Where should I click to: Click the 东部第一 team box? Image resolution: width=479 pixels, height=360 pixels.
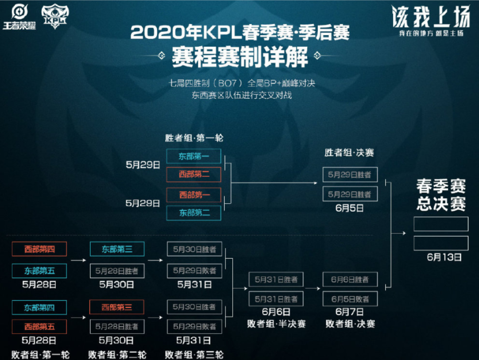pyautogui.click(x=194, y=156)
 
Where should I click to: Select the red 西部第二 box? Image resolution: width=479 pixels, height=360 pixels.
pyautogui.click(x=194, y=174)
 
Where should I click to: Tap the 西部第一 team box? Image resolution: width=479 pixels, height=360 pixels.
pyautogui.click(x=194, y=194)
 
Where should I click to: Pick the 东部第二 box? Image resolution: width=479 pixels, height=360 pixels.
pyautogui.click(x=194, y=213)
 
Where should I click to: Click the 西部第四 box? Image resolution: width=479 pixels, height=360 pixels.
pyautogui.click(x=39, y=249)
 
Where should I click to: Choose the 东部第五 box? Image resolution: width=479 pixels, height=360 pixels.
pyautogui.click(x=39, y=270)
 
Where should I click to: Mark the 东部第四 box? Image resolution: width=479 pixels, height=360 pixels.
pyautogui.click(x=39, y=307)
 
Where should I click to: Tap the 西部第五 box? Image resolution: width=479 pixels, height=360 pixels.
pyautogui.click(x=39, y=326)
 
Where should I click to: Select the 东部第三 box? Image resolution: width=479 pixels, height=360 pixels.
pyautogui.click(x=117, y=249)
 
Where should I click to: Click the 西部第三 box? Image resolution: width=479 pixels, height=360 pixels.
pyautogui.click(x=117, y=307)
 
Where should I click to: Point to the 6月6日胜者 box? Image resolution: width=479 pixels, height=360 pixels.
pyautogui.click(x=350, y=279)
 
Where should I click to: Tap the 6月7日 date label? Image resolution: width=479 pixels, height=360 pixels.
pyautogui.click(x=350, y=312)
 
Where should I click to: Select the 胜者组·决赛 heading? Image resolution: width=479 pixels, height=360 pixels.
pyautogui.click(x=349, y=153)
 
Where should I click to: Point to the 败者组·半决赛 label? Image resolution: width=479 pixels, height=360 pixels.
pyautogui.click(x=276, y=324)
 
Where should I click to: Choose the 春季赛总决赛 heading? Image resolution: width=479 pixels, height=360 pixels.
pyautogui.click(x=441, y=195)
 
